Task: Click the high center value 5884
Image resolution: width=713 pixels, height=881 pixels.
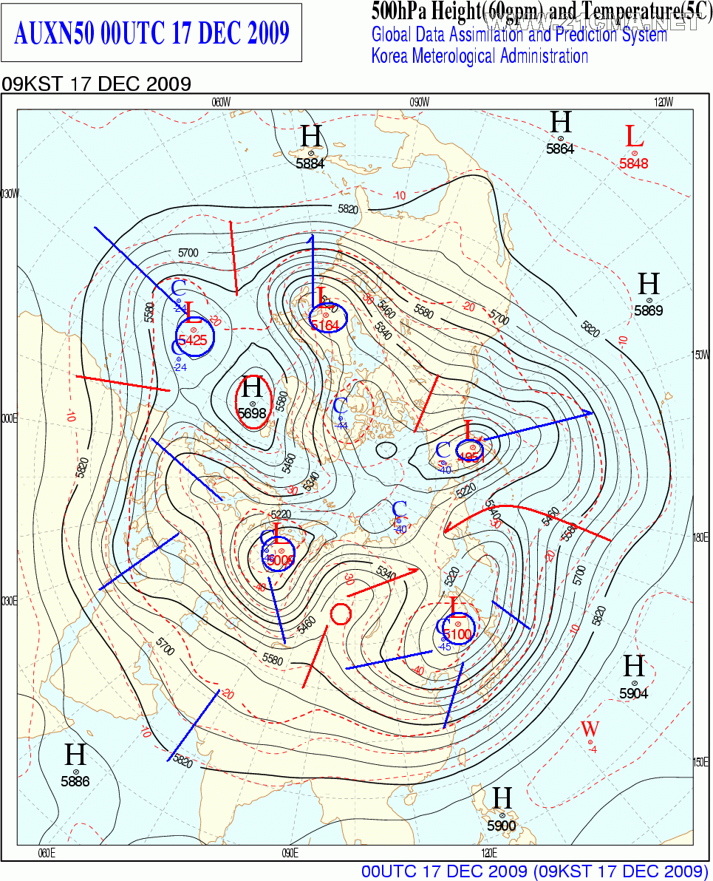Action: pyautogui.click(x=310, y=163)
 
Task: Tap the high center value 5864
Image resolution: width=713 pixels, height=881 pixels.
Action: pyautogui.click(x=560, y=149)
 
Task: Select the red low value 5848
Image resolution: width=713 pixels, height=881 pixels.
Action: pyautogui.click(x=634, y=163)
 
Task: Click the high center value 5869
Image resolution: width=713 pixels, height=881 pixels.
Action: pyautogui.click(x=649, y=310)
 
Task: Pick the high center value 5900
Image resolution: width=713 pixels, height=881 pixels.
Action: pyautogui.click(x=502, y=826)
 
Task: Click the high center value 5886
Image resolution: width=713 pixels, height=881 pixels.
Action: pyautogui.click(x=75, y=781)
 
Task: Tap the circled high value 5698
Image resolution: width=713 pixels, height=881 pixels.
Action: pyautogui.click(x=253, y=413)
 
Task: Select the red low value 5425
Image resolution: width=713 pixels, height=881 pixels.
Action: pyautogui.click(x=193, y=340)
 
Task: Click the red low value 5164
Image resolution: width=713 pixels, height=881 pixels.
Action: pyautogui.click(x=325, y=325)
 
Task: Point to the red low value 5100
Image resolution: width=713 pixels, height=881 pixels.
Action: pyautogui.click(x=458, y=634)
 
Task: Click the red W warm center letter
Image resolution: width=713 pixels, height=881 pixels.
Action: pyautogui.click(x=590, y=729)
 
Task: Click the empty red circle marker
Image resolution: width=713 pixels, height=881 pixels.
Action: pyautogui.click(x=340, y=613)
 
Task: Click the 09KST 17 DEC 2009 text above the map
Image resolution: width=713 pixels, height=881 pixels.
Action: pyautogui.click(x=97, y=84)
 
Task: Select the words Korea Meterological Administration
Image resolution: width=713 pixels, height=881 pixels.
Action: pyautogui.click(x=480, y=56)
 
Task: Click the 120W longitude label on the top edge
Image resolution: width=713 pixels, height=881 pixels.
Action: pyautogui.click(x=663, y=102)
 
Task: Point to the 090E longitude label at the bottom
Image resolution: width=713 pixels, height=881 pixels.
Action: pyautogui.click(x=290, y=854)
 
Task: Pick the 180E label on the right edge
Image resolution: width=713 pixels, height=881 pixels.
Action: pyautogui.click(x=700, y=537)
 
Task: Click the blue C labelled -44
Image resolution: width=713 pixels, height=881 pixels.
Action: pyautogui.click(x=341, y=406)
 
